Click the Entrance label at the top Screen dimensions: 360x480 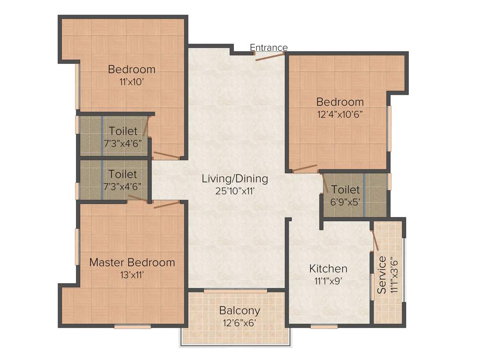coord(269,48)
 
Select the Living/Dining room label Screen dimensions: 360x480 coord(235,179)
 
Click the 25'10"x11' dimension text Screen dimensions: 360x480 coord(235,191)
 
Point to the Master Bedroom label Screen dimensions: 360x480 coord(132,262)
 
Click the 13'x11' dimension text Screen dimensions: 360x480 coord(132,275)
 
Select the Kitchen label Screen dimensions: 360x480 coord(328,269)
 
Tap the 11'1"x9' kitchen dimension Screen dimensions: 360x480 coord(328,281)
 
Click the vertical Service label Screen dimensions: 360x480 coord(382,275)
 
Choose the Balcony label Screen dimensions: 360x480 coord(240,311)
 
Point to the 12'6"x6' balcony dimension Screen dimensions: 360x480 coord(240,322)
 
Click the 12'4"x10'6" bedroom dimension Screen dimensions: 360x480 coord(340,114)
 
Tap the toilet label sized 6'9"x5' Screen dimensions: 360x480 coord(345,190)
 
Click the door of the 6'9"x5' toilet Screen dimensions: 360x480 coord(325,183)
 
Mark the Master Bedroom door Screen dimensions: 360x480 coord(167,205)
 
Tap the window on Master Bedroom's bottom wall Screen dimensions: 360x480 coord(126,326)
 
